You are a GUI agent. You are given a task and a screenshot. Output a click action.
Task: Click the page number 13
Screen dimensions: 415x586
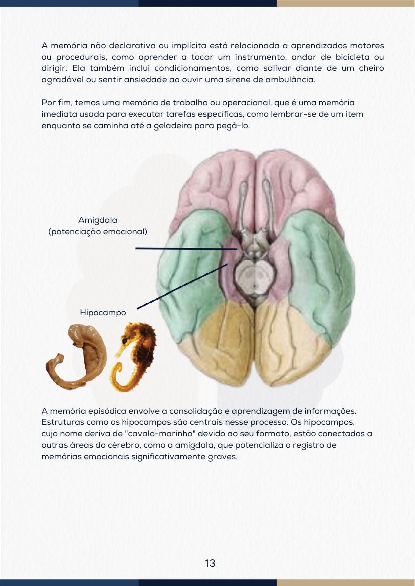(x=210, y=563)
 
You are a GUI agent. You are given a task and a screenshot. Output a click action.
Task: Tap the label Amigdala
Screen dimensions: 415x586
(x=98, y=220)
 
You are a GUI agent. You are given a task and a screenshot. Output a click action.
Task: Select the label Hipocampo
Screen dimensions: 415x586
(x=103, y=313)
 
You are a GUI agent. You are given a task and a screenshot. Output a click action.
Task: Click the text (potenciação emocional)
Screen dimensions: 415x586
(x=98, y=232)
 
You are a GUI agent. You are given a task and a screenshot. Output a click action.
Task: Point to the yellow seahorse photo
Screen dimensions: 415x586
(x=134, y=357)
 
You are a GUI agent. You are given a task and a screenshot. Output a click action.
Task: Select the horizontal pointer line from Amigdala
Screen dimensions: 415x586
(x=186, y=248)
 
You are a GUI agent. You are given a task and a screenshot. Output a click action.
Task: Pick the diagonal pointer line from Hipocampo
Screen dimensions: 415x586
(x=182, y=286)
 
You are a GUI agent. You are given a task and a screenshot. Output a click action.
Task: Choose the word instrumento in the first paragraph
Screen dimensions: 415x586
(x=258, y=57)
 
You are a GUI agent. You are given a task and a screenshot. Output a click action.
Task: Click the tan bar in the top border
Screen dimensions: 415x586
(x=346, y=3)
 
